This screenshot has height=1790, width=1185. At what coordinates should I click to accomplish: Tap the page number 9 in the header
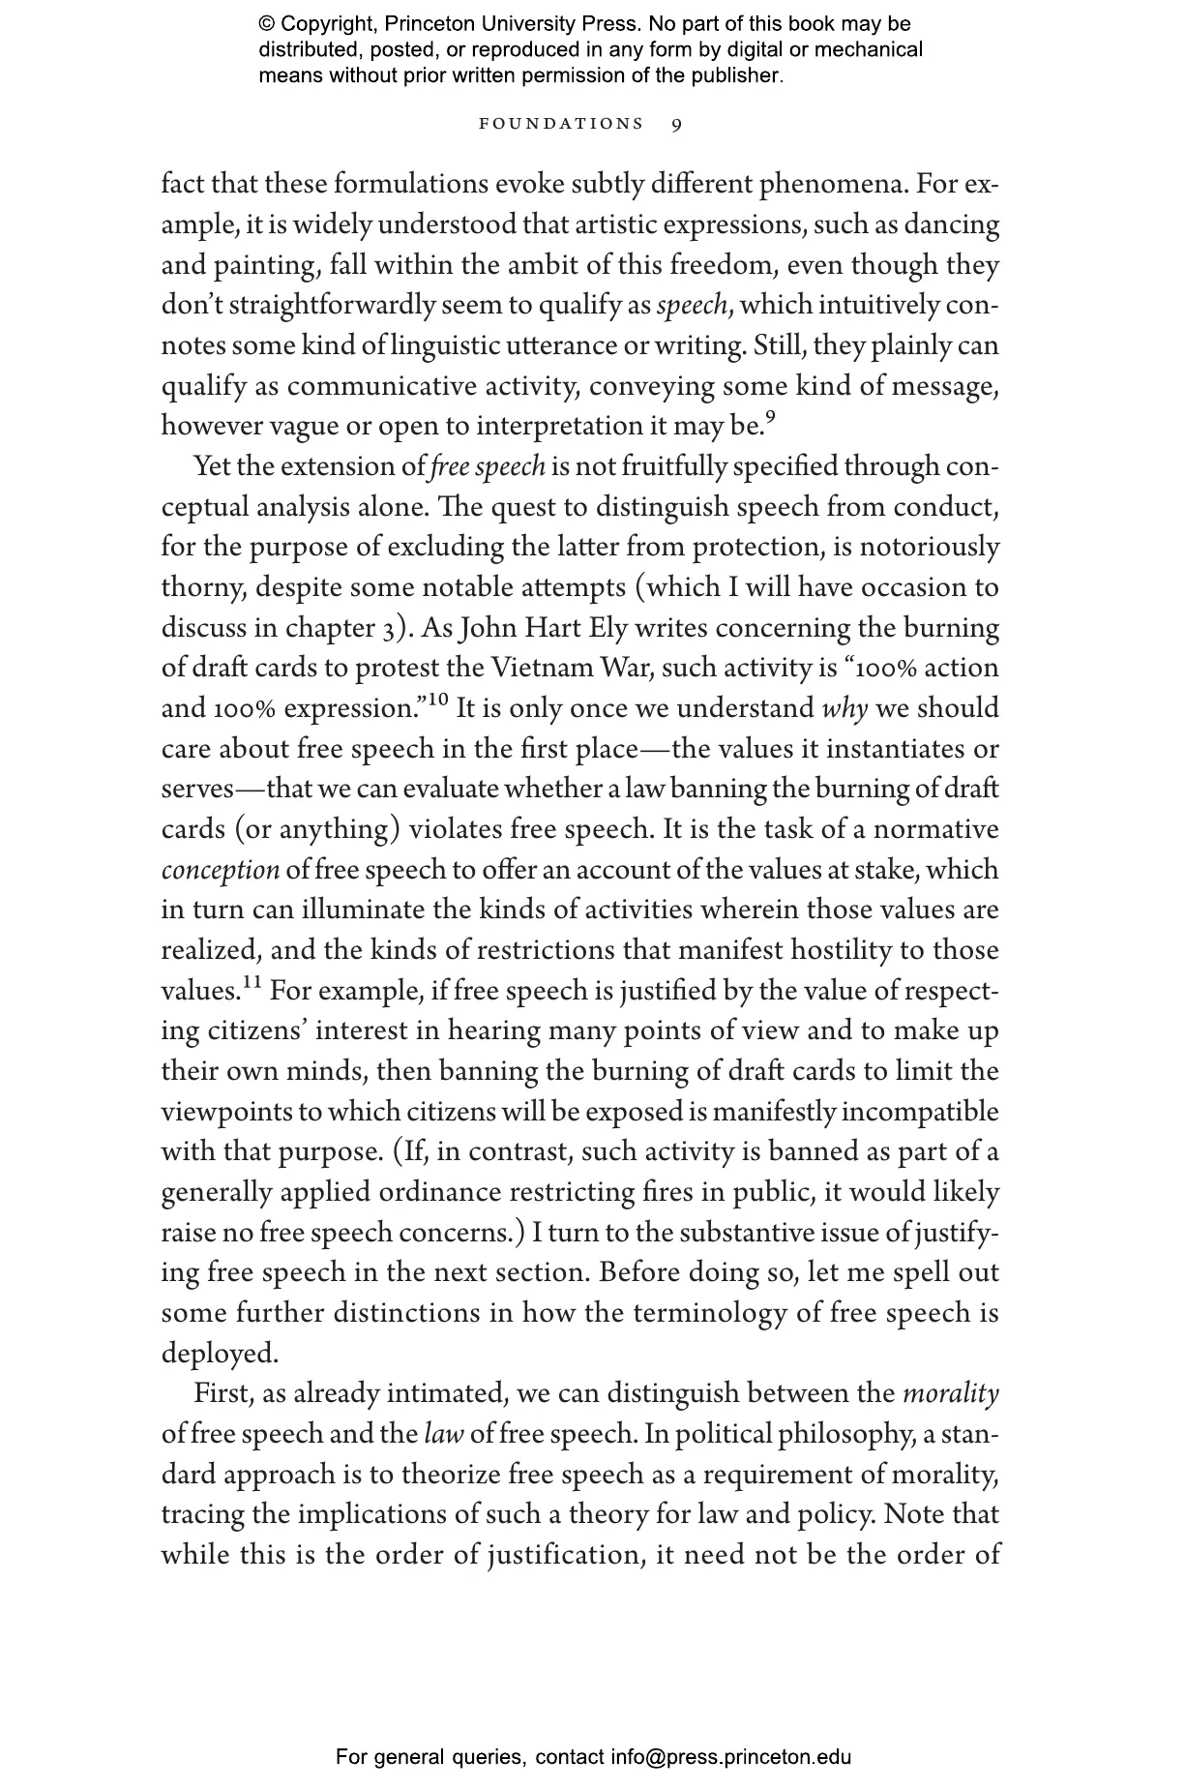tap(677, 124)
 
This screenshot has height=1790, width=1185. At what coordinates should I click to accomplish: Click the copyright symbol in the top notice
tap(266, 24)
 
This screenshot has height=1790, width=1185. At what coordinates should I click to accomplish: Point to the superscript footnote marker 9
tap(770, 418)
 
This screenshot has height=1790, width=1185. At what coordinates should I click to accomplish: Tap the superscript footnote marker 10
tap(436, 700)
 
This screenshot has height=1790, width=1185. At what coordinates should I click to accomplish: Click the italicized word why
tap(844, 709)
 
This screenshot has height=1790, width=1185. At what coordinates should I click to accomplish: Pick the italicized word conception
tap(220, 871)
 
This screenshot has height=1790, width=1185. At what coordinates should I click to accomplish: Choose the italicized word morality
tap(950, 1394)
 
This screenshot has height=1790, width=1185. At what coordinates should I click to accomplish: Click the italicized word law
tap(443, 1435)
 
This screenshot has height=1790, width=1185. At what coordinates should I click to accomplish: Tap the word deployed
tap(219, 1354)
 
